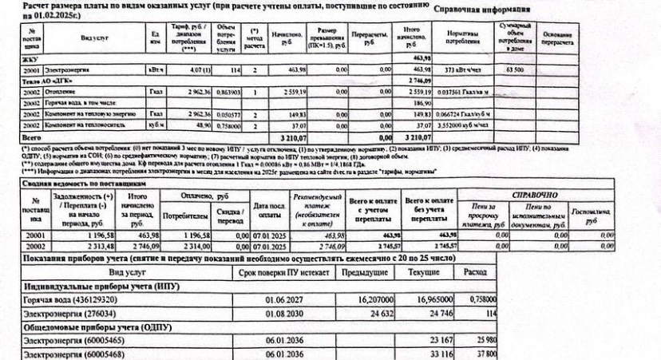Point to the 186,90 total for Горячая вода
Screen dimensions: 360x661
421,103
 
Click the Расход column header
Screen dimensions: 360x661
473,272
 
